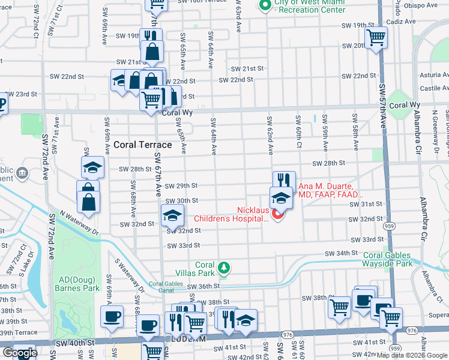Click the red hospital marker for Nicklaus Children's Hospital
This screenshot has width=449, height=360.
277,214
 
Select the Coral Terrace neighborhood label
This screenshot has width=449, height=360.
143,145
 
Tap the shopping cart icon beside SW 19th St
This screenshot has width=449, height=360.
376,37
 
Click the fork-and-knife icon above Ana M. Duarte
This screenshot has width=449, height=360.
284,181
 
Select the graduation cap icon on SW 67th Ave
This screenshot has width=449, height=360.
172,214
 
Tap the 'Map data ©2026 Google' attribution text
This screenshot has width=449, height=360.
412,356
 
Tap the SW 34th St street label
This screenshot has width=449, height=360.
341,254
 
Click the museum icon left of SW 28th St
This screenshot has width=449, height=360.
22,173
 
